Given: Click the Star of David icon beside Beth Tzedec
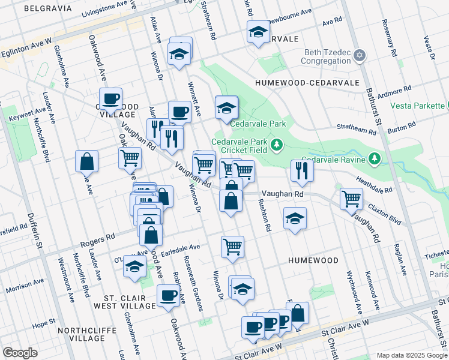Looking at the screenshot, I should tap(360, 56).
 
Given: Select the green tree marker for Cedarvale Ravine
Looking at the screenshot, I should tap(375, 158).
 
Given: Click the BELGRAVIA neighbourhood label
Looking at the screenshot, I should tap(47, 9).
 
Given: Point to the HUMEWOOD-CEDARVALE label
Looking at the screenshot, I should tap(307, 82).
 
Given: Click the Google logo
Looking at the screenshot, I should tap(20, 353).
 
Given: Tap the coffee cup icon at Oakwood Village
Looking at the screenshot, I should tap(110, 98).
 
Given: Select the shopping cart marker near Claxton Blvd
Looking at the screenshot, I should tap(351, 198).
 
